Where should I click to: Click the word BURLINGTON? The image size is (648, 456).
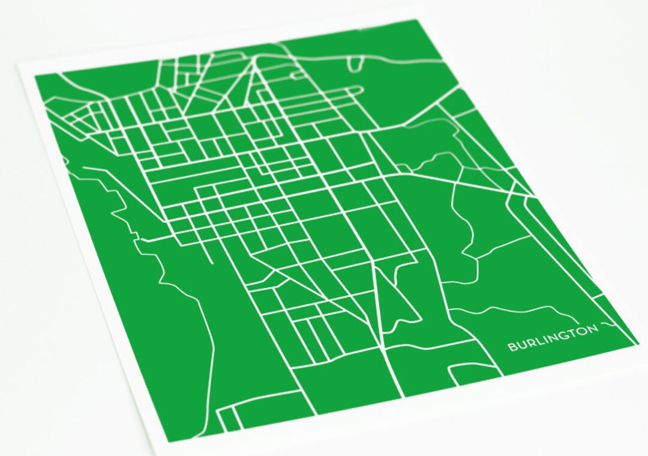tap(553, 338)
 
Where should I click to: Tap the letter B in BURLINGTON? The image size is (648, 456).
tap(511, 347)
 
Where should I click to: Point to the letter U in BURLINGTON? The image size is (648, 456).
tap(520, 345)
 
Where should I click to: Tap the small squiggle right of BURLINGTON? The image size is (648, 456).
tap(610, 326)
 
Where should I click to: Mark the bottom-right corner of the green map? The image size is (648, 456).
tap(638, 344)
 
